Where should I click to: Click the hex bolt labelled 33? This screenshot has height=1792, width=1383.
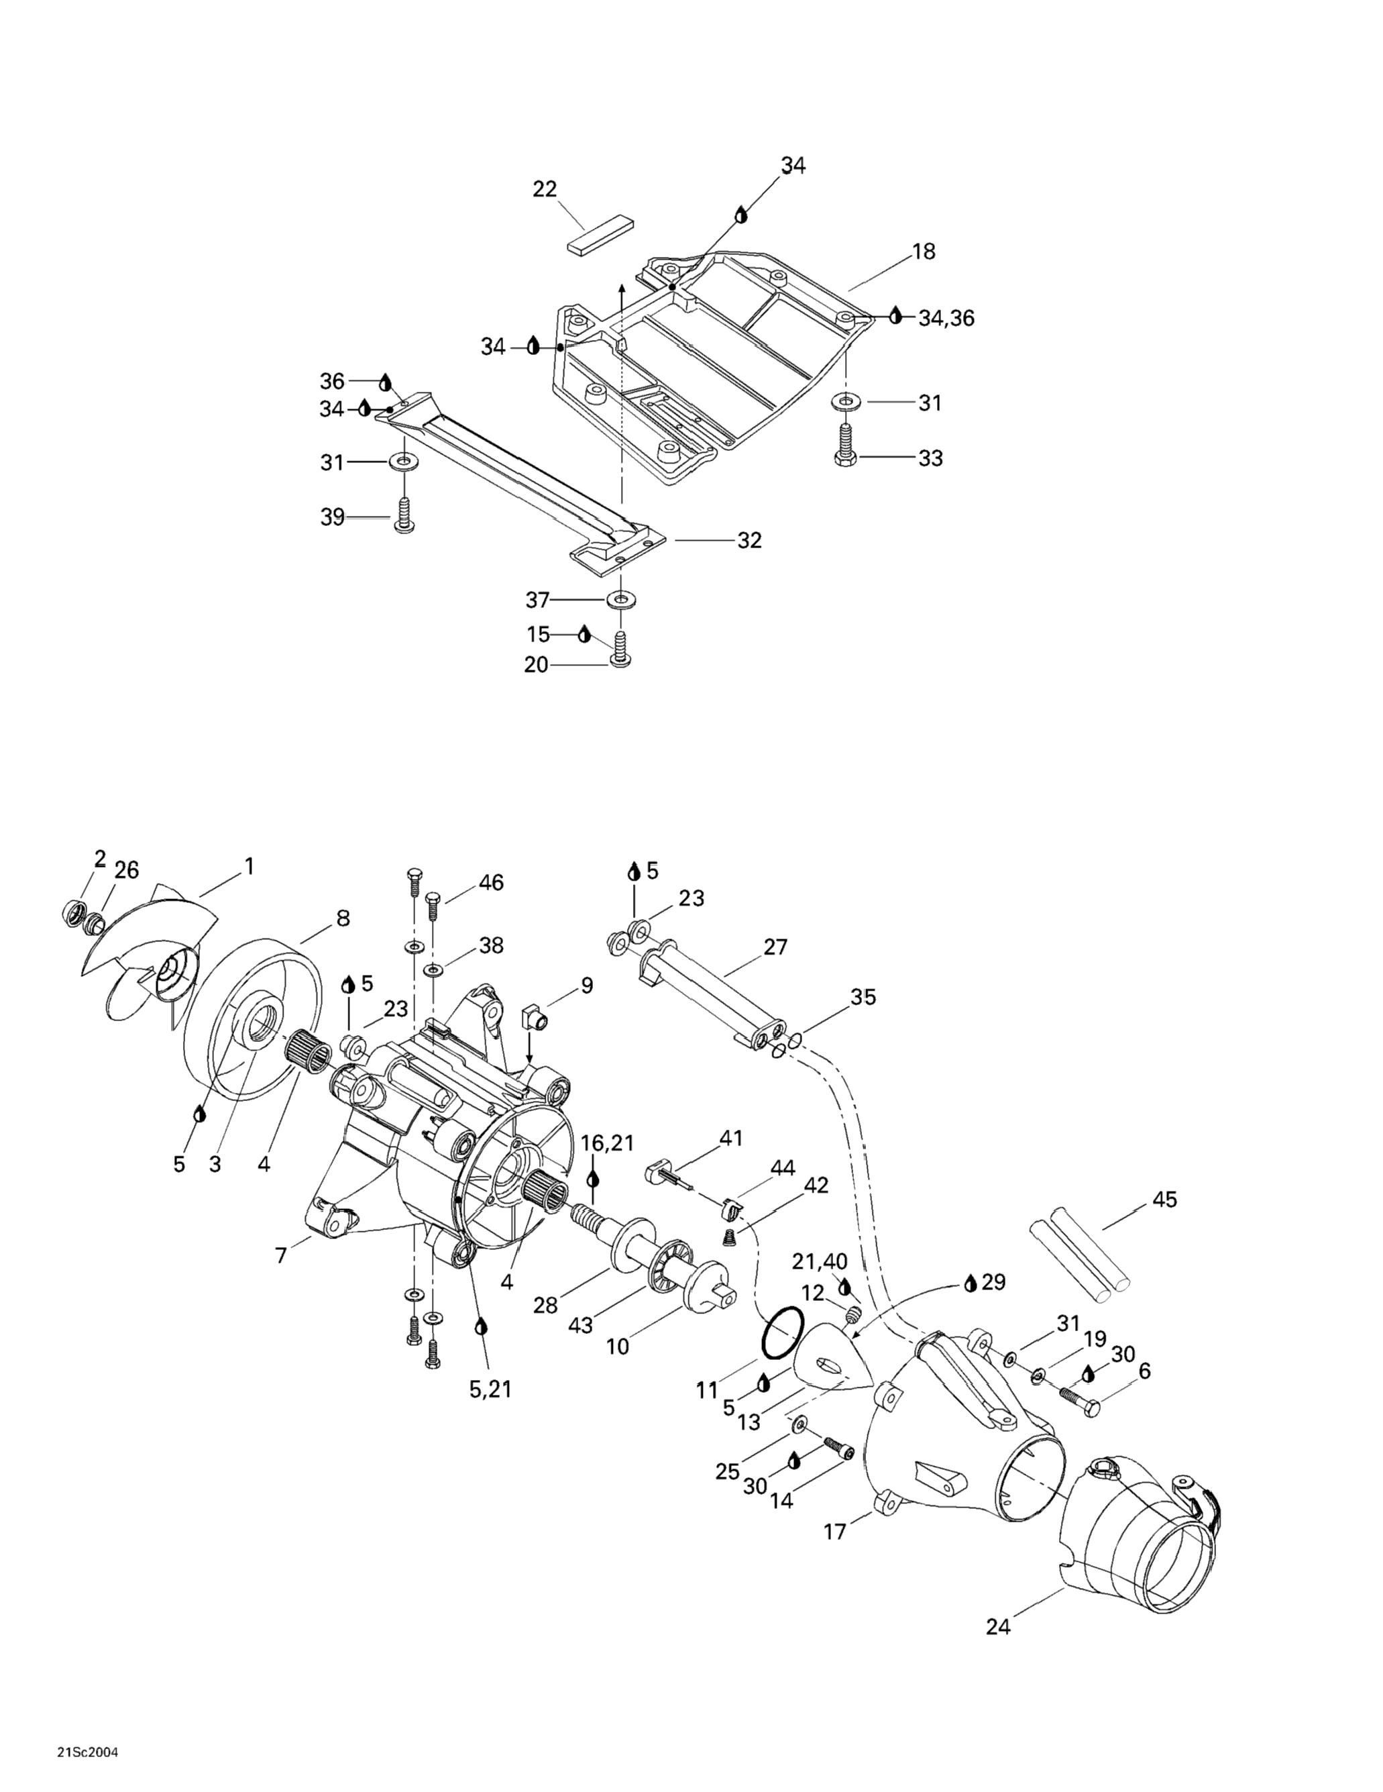[x=845, y=445]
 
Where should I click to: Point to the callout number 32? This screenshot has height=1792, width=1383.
[x=750, y=541]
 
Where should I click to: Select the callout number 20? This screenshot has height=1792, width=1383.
[x=536, y=666]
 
